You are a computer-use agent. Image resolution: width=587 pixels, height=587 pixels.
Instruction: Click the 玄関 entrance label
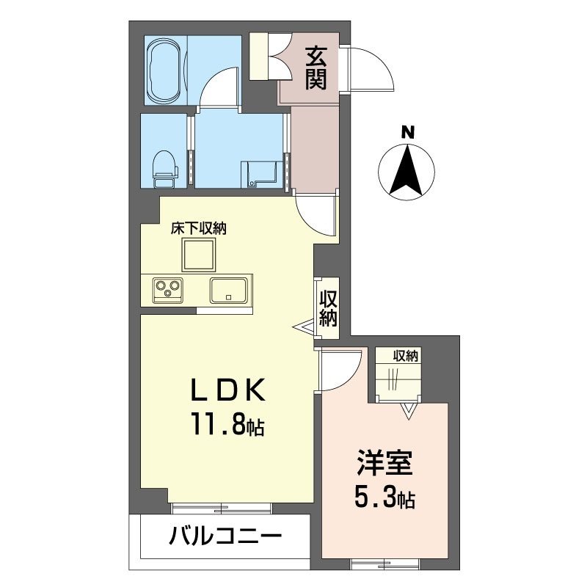[x=316, y=67]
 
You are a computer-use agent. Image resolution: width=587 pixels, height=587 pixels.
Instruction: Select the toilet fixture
[x=164, y=166]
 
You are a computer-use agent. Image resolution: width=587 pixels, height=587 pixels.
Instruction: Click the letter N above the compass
[x=407, y=133]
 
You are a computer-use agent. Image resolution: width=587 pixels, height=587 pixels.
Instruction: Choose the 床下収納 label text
[x=198, y=228]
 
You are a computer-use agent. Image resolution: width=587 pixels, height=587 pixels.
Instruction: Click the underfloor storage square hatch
[x=198, y=256]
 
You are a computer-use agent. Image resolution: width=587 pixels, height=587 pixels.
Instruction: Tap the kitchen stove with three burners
[x=169, y=288]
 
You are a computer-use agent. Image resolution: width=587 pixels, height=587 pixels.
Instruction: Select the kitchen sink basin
[x=230, y=290]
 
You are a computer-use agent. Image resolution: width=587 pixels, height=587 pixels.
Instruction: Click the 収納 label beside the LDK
[x=327, y=308]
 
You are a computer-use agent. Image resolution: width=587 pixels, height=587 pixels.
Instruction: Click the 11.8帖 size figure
[x=227, y=423]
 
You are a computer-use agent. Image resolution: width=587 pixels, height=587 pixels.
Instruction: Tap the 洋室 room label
[x=385, y=465]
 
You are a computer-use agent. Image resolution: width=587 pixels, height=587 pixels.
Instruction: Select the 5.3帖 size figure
[x=385, y=499]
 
